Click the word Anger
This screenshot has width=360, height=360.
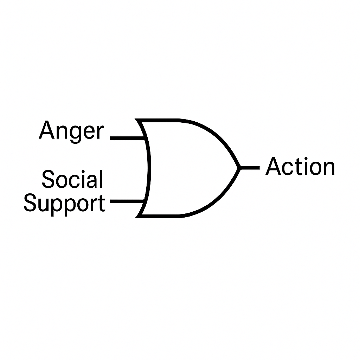71,131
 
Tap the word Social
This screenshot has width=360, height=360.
72,179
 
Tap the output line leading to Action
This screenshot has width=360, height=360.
250,167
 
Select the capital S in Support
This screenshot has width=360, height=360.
30,203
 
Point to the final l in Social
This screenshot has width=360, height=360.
101,179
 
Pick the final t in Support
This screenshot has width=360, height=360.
102,204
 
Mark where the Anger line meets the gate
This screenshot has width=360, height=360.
145,138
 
